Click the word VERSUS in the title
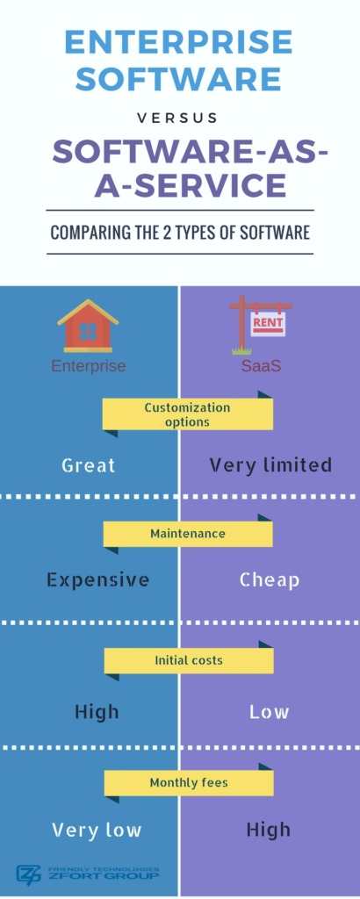(177, 119)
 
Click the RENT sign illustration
(260, 325)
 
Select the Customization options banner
(187, 414)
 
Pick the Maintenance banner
(187, 534)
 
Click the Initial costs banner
(189, 660)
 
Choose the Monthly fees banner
(189, 782)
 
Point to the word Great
(89, 464)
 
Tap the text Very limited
(270, 464)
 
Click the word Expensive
(98, 579)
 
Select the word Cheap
(270, 579)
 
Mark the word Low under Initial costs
(269, 712)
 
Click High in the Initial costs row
(97, 712)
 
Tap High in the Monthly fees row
(269, 829)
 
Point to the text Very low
(97, 830)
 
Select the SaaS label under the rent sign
(262, 366)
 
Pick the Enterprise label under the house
(89, 366)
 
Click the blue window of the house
(88, 331)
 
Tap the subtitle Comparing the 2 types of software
(180, 232)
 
